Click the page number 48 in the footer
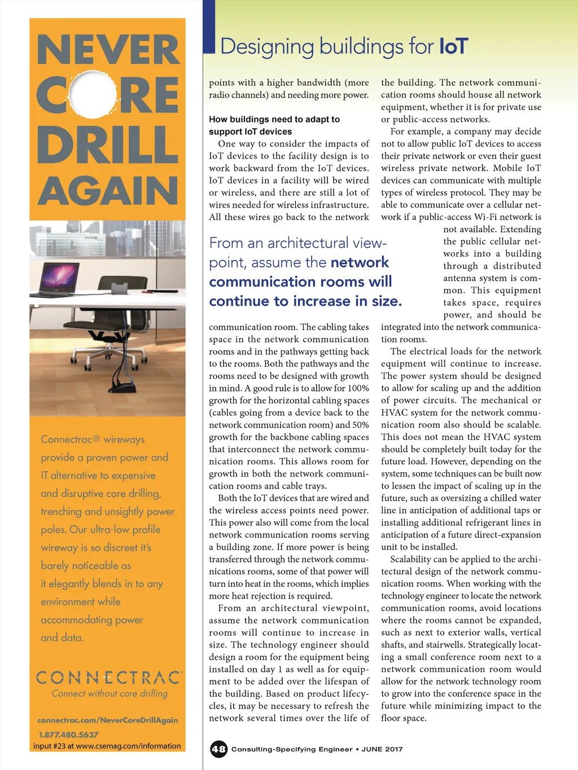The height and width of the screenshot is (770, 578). pyautogui.click(x=218, y=749)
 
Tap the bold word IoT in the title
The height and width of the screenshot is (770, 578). pyautogui.click(x=454, y=46)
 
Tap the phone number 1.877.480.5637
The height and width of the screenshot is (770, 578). pyautogui.click(x=68, y=734)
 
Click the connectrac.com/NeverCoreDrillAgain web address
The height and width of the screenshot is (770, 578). pyautogui.click(x=108, y=720)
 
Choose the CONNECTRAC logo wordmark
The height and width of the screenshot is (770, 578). pyautogui.click(x=109, y=677)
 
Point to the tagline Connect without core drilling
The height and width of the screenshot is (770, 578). pyautogui.click(x=110, y=693)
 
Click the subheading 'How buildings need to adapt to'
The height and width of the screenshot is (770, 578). pyautogui.click(x=274, y=119)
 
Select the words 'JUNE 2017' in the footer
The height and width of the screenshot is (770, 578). pyautogui.click(x=382, y=749)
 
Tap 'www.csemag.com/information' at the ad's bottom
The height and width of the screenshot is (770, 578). pyautogui.click(x=128, y=746)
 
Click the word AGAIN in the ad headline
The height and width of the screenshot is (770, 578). pyautogui.click(x=107, y=191)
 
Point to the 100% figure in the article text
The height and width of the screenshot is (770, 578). pyautogui.click(x=358, y=388)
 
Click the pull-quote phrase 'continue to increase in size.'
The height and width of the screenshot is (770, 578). pyautogui.click(x=305, y=301)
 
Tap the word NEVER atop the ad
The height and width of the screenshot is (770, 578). pyautogui.click(x=107, y=50)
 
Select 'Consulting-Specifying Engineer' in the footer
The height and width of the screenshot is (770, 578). pyautogui.click(x=292, y=749)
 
